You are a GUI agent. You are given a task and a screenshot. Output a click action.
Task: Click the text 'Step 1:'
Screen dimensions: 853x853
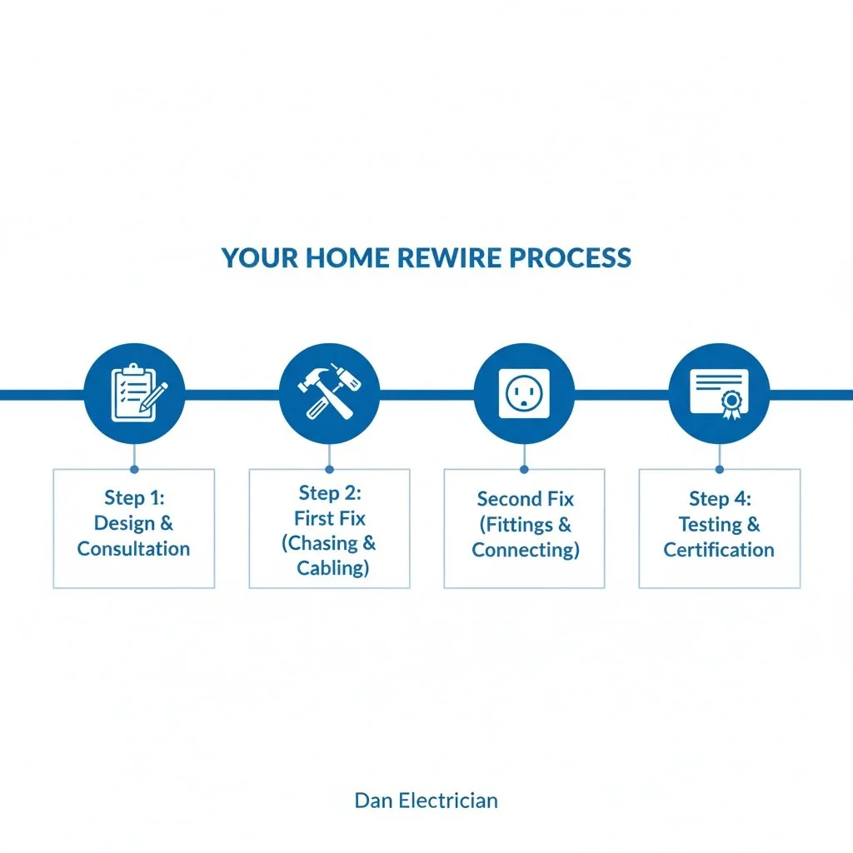pyautogui.click(x=134, y=498)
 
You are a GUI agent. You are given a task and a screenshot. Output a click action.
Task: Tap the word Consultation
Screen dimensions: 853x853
pyautogui.click(x=134, y=549)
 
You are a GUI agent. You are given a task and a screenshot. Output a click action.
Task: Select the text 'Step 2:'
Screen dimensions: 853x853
pyautogui.click(x=329, y=493)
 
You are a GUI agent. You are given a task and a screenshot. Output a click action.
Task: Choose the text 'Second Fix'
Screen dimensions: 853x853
pyautogui.click(x=525, y=499)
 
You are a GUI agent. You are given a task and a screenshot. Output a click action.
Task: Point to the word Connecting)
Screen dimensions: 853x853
pyautogui.click(x=525, y=550)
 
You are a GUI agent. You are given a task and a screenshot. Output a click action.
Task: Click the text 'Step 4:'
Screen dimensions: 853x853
pyautogui.click(x=719, y=499)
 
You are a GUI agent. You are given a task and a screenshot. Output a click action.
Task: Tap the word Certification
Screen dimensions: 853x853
pyautogui.click(x=719, y=550)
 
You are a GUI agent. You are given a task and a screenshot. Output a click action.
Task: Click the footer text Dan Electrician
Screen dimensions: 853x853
pyautogui.click(x=426, y=801)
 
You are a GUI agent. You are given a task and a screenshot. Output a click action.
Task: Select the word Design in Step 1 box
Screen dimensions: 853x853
pyautogui.click(x=122, y=524)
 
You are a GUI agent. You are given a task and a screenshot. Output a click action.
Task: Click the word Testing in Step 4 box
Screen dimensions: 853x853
pyautogui.click(x=708, y=525)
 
